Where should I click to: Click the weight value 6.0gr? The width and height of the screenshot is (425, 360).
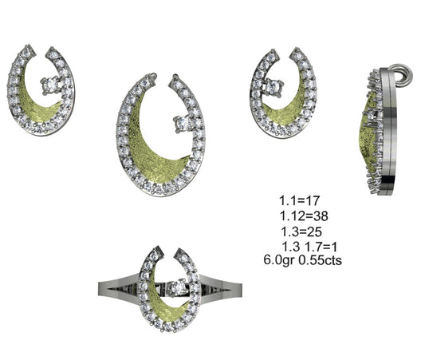(279, 260)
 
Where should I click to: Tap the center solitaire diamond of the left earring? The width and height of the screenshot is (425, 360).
(53, 82)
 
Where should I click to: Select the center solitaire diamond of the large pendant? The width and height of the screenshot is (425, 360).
(180, 122)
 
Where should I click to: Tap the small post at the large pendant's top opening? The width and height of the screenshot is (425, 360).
(172, 79)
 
